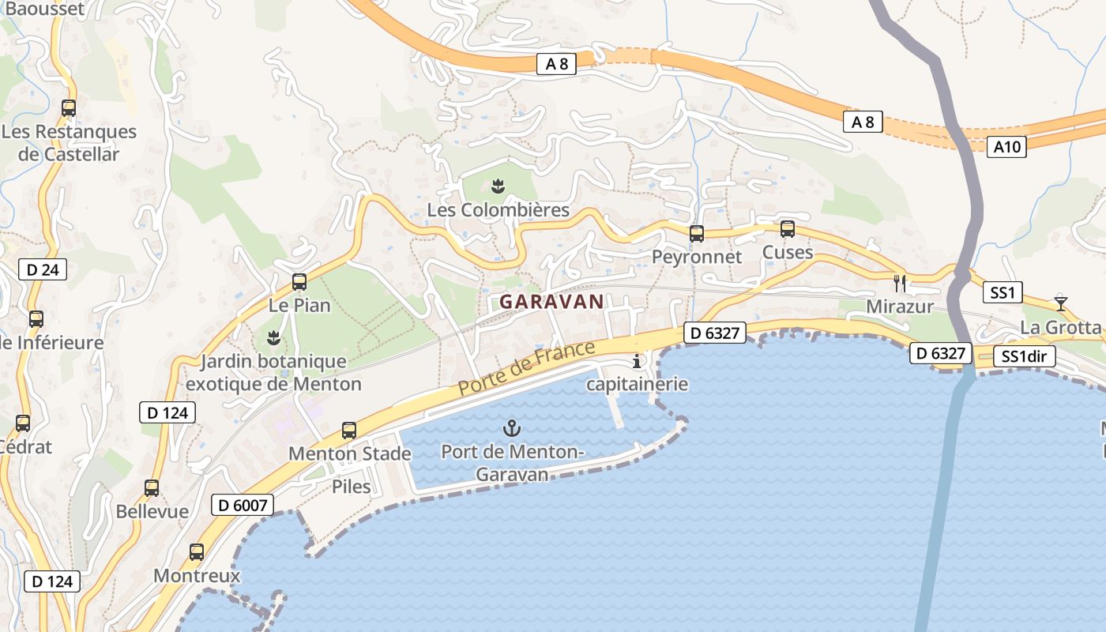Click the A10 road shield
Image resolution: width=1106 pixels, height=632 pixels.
(x=1006, y=146)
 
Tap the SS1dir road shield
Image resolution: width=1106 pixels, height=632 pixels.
(x=1023, y=356)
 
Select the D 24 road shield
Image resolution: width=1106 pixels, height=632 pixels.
(x=43, y=270)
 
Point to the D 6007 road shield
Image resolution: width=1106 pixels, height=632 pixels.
(x=243, y=505)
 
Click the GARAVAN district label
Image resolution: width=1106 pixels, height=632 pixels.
(x=551, y=301)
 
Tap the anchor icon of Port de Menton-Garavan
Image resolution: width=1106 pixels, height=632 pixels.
(x=512, y=429)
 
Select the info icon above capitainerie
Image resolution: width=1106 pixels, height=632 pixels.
(x=637, y=362)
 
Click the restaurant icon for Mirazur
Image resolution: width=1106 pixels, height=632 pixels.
(x=899, y=284)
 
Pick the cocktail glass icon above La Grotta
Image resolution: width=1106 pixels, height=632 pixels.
(x=1060, y=303)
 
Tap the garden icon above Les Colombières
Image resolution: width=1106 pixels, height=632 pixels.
(x=498, y=187)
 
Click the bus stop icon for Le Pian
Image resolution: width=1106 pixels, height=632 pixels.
(x=299, y=282)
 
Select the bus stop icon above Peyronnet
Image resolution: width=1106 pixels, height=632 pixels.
(x=696, y=234)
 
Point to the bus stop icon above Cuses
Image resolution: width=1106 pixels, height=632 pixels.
(x=787, y=229)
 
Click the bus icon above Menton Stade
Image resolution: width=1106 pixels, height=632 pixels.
(x=349, y=431)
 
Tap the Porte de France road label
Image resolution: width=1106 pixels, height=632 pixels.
(x=526, y=369)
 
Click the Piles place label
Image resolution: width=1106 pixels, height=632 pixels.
(x=352, y=487)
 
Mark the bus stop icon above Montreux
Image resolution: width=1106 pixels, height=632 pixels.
(x=197, y=552)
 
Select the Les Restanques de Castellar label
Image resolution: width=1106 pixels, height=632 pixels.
(x=70, y=143)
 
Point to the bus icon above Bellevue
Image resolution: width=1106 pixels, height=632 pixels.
(x=152, y=488)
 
